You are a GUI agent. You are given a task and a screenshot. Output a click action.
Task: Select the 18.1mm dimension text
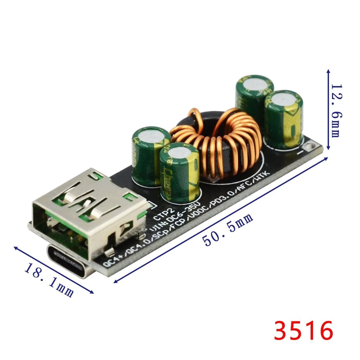click(49, 280)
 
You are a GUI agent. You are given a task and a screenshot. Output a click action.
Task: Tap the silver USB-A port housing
click(90, 212)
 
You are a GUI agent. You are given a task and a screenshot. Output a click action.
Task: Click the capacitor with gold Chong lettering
click(180, 173)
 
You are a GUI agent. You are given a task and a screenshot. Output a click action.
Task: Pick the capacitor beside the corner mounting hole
click(283, 119)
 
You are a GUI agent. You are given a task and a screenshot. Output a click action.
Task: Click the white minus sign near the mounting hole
click(300, 153)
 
